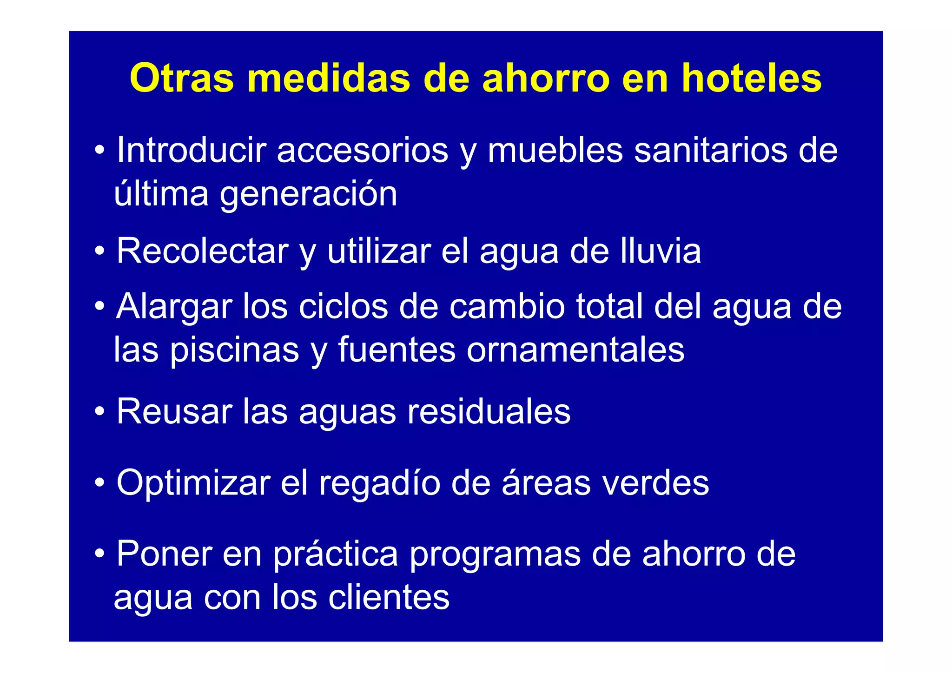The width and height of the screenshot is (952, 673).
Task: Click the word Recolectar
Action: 203,251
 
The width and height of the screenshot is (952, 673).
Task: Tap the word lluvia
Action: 660,251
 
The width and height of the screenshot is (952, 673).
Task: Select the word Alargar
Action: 174,306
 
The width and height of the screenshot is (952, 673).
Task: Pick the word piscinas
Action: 234,350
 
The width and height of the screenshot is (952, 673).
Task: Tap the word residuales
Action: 489,411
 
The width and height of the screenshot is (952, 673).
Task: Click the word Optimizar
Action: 193,483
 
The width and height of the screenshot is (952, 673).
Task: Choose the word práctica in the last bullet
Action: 335,554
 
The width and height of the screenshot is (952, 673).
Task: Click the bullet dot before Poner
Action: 99,554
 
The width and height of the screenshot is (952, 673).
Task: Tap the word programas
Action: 495,554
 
